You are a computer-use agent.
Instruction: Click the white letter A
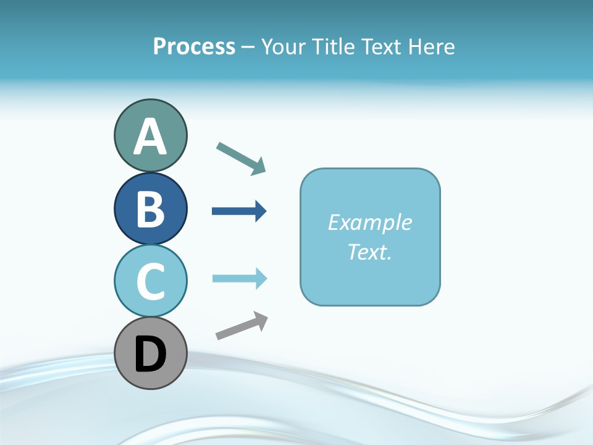click(x=150, y=137)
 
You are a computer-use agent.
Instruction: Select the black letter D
click(x=150, y=354)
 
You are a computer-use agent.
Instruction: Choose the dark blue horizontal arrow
click(x=238, y=211)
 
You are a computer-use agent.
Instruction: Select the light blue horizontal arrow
click(x=238, y=279)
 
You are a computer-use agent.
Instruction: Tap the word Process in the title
click(x=194, y=46)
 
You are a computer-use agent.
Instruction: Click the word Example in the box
click(x=369, y=222)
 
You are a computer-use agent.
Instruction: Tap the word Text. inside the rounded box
click(x=369, y=252)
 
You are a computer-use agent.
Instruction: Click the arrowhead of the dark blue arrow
click(x=261, y=211)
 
